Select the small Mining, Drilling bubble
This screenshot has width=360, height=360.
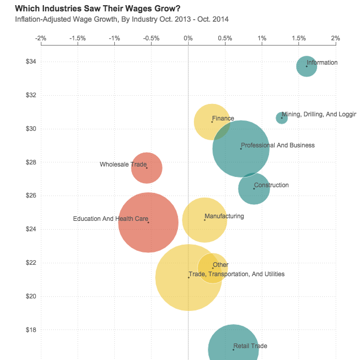282,118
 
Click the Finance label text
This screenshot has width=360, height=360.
223,118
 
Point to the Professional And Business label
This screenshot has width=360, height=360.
278,145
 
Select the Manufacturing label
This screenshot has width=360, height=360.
224,216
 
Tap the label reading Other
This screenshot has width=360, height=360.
220,265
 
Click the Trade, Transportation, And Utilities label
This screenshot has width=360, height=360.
236,274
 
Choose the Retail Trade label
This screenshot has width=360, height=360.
250,346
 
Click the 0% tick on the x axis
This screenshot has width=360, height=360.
188,38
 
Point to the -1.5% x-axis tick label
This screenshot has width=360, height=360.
78,38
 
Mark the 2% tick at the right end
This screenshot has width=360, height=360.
336,38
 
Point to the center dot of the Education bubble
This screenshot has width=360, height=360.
148,222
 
